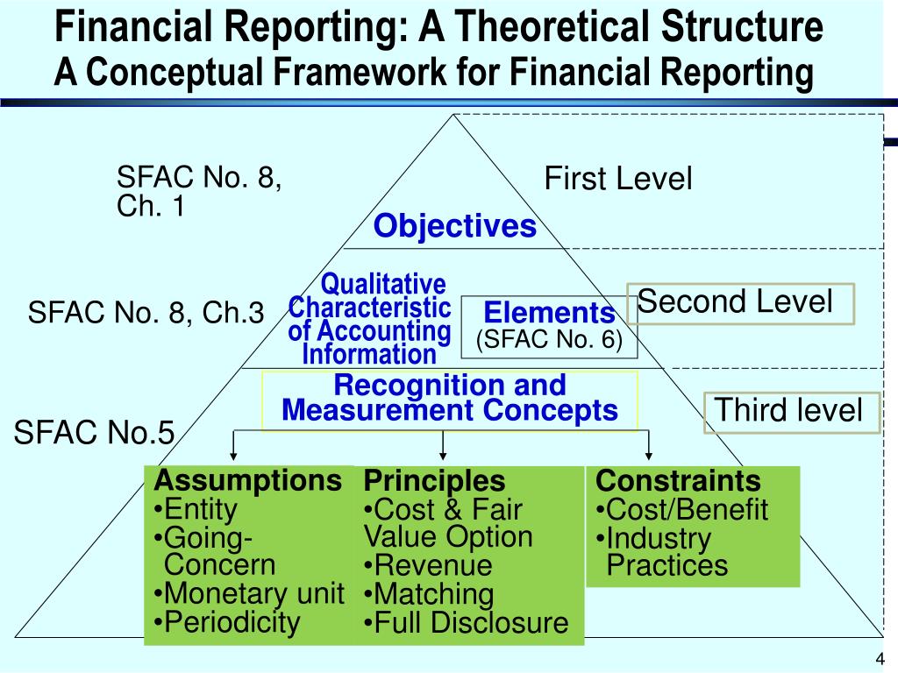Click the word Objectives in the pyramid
pyautogui.click(x=454, y=226)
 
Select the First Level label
pyautogui.click(x=617, y=179)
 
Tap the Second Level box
pyautogui.click(x=740, y=303)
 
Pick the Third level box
pyautogui.click(x=791, y=411)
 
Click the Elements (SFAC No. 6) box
pyautogui.click(x=549, y=326)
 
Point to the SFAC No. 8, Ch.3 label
pyautogui.click(x=146, y=313)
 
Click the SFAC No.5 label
pyautogui.click(x=94, y=432)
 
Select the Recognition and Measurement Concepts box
pyautogui.click(x=450, y=399)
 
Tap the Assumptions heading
pyautogui.click(x=247, y=480)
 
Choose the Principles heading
pyautogui.click(x=435, y=480)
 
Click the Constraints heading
pyautogui.click(x=678, y=480)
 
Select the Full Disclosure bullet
pyautogui.click(x=467, y=623)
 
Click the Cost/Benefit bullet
pyautogui.click(x=681, y=509)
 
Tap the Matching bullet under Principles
pyautogui.click(x=429, y=594)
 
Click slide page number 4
pyautogui.click(x=879, y=660)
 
